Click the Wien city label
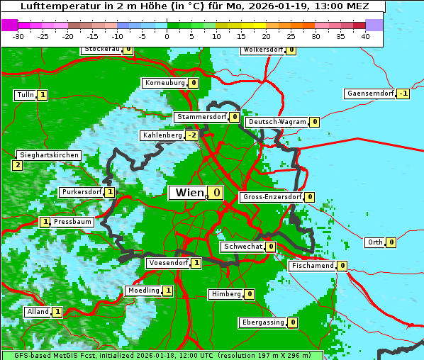click(x=188, y=193)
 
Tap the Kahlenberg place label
click(x=162, y=135)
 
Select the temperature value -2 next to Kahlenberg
click(x=191, y=135)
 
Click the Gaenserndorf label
click(x=369, y=94)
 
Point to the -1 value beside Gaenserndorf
click(x=403, y=94)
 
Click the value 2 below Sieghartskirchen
click(x=17, y=165)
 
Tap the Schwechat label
click(x=242, y=247)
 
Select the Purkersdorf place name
click(x=81, y=192)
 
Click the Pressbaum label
click(x=73, y=222)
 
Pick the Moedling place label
click(x=143, y=291)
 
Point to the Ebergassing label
click(x=262, y=322)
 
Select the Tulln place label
click(x=25, y=95)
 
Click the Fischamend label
click(x=312, y=266)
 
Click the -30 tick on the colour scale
click(x=18, y=35)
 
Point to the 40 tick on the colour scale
click(x=365, y=35)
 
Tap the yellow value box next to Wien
click(x=216, y=193)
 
